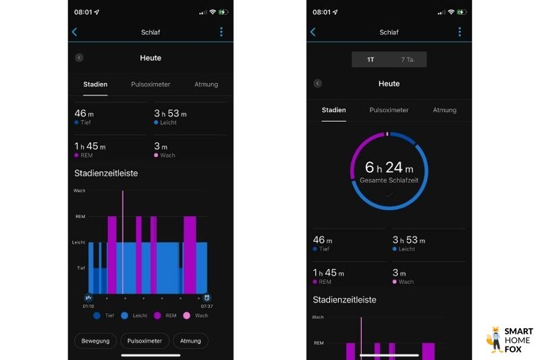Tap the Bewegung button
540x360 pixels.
coord(95,341)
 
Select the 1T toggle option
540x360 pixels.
coord(371,59)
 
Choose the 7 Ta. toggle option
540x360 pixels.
coord(408,59)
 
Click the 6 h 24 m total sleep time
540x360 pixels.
coord(389,167)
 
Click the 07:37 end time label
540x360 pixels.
coord(207,306)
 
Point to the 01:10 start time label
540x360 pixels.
coord(88,306)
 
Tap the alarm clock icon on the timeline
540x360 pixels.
coord(207,297)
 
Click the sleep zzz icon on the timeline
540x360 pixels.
coord(88,297)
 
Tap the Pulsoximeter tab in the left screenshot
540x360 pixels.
coord(151,84)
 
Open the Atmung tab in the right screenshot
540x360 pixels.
coord(444,110)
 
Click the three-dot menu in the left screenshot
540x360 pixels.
coord(221,32)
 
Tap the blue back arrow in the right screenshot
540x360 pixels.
coord(313,32)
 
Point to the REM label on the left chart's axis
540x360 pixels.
coord(80,216)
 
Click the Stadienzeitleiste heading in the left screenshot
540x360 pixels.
coord(106,173)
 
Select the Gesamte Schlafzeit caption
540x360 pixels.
coord(389,181)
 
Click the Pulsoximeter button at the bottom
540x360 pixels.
coord(145,341)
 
